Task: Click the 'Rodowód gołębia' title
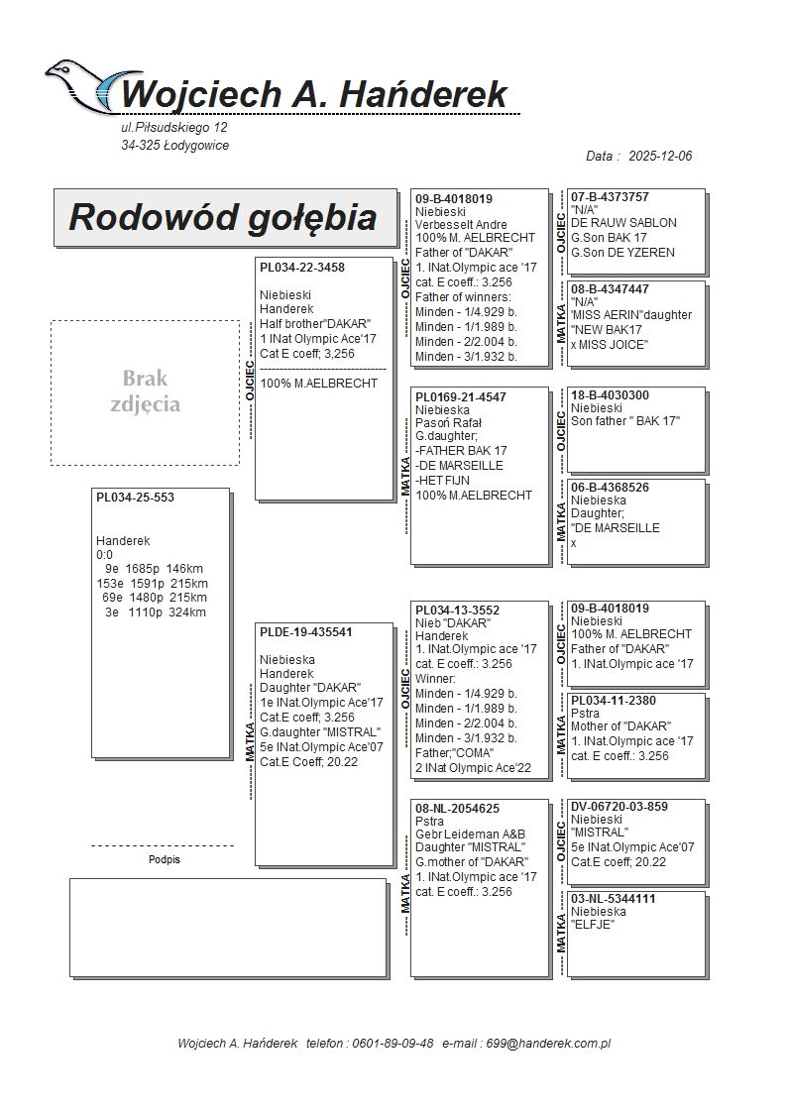(x=222, y=217)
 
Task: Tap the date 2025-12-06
(x=660, y=157)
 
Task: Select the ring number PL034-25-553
(x=135, y=498)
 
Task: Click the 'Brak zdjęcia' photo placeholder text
(x=145, y=391)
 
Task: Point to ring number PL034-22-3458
(x=302, y=268)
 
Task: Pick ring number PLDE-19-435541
(x=306, y=632)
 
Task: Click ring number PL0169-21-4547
(x=461, y=397)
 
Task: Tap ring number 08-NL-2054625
(x=457, y=809)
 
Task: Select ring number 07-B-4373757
(x=611, y=197)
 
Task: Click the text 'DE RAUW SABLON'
(x=623, y=225)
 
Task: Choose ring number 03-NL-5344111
(x=614, y=899)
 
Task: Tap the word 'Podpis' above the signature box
(x=164, y=859)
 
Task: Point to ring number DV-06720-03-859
(x=619, y=807)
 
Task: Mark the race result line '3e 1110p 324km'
(x=156, y=612)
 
